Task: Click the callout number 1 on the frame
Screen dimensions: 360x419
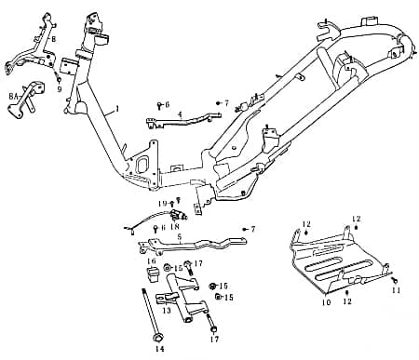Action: (117, 110)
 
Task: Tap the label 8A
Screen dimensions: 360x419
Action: (14, 96)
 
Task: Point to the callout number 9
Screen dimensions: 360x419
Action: (59, 89)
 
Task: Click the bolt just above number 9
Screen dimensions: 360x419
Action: (58, 78)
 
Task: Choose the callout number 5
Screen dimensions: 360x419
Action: (179, 237)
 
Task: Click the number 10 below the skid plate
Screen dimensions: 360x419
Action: (326, 302)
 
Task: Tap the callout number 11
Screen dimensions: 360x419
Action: (396, 291)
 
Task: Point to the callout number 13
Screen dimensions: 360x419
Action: (166, 311)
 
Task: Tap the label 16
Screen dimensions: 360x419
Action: (151, 261)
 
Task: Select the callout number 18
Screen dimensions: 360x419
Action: (174, 225)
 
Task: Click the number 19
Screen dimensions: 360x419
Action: (161, 203)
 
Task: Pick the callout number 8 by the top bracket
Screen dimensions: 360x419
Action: (54, 39)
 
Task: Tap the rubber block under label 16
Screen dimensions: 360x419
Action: (153, 274)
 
